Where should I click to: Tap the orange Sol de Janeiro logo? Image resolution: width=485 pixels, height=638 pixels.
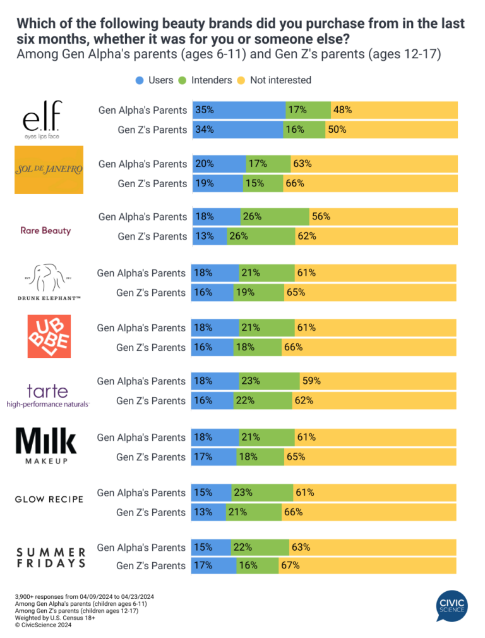(49, 169)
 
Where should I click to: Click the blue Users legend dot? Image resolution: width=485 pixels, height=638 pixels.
(139, 80)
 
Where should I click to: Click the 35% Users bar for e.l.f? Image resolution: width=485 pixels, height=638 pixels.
(239, 110)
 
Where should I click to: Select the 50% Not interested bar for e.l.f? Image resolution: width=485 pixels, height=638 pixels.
(391, 130)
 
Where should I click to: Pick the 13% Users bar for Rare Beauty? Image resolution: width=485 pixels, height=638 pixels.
(209, 236)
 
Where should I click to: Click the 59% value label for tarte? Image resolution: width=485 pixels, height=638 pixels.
(311, 381)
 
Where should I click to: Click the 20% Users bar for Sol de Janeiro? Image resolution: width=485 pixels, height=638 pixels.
(219, 164)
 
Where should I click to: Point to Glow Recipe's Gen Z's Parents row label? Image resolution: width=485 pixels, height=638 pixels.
(152, 512)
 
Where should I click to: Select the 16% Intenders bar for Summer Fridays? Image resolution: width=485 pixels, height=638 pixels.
(257, 566)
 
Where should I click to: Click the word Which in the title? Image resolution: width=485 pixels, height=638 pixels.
(35, 24)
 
